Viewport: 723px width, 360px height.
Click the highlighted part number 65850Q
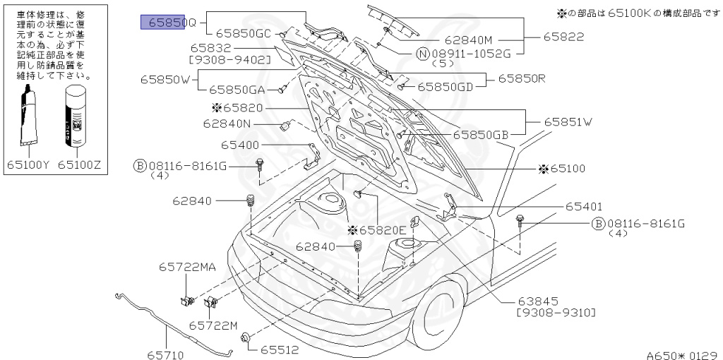pyautogui.click(x=169, y=22)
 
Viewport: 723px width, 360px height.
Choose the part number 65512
pyautogui.click(x=280, y=349)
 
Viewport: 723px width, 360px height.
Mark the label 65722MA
pyautogui.click(x=187, y=267)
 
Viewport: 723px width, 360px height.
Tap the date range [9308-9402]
pyautogui.click(x=230, y=60)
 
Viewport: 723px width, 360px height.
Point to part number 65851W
pyautogui.click(x=568, y=121)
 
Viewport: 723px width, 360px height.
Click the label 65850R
pyautogui.click(x=522, y=78)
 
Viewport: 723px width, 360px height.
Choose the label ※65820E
pyautogui.click(x=377, y=230)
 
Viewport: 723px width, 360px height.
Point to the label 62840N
pyautogui.click(x=227, y=123)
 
